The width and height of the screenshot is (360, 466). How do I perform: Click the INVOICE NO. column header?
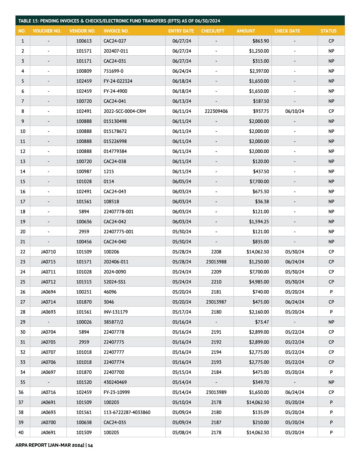[116, 31]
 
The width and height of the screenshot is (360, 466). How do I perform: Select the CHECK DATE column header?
[287, 31]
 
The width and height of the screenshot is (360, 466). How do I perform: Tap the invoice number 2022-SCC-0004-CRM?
[125, 111]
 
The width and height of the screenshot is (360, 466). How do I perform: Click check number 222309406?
[216, 111]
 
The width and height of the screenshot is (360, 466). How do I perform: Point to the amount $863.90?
[261, 41]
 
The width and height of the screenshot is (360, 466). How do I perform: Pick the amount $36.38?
[262, 202]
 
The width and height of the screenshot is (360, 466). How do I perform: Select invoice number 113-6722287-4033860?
[127, 412]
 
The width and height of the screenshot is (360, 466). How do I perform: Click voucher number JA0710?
[48, 252]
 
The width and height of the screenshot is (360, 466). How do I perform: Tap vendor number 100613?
[84, 41]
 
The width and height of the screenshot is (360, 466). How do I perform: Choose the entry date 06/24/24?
[182, 71]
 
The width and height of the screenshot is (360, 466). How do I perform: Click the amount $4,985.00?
[259, 282]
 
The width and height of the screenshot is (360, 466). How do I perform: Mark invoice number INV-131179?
[116, 312]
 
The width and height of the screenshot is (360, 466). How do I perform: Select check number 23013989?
[216, 392]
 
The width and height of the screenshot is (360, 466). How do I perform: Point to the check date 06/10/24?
[295, 111]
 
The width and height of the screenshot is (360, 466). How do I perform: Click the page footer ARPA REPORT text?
[54, 445]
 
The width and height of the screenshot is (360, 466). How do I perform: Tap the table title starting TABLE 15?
[119, 21]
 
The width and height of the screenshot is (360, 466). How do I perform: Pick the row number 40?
[23, 432]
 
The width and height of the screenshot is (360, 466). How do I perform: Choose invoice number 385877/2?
[114, 322]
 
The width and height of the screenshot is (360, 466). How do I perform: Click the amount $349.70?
[261, 382]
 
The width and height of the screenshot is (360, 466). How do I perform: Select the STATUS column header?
[329, 31]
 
